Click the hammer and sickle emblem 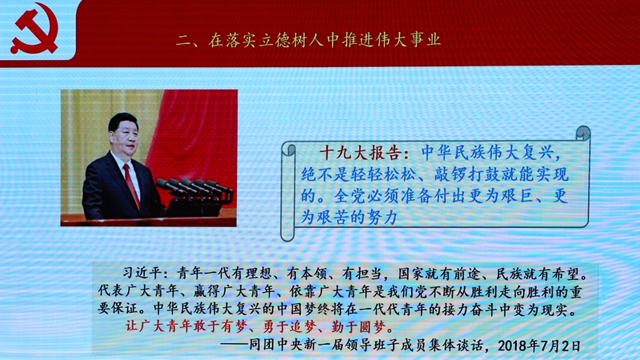click(x=34, y=29)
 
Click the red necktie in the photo click(x=131, y=184)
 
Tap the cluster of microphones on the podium click(x=194, y=189)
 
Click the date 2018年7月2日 click(x=538, y=346)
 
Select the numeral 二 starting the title click(x=184, y=41)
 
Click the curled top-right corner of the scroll click(x=583, y=133)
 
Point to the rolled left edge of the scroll click(x=288, y=191)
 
